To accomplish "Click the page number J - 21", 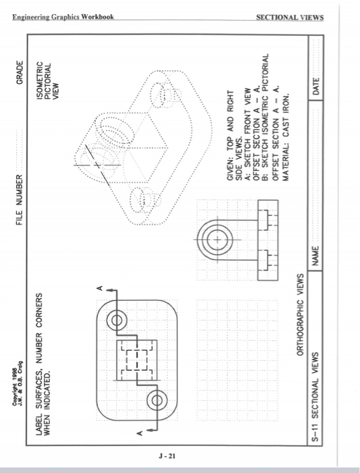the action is coord(167,456).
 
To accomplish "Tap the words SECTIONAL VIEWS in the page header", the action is coord(290,18).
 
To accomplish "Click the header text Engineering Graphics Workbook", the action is coord(63,17).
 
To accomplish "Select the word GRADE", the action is coord(20,73).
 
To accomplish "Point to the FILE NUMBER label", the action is coord(20,200).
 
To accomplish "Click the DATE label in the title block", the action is coord(316,86).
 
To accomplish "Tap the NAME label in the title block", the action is coord(315,256).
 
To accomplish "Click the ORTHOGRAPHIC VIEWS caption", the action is coord(301,315).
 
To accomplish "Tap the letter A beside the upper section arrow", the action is coord(100,289).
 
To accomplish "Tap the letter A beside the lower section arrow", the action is coord(140,434).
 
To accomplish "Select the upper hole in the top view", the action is coord(116,320).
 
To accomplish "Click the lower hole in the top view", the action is coord(157,400).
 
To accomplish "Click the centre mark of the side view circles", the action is coord(217,240).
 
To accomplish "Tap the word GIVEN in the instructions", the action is coord(230,171).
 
